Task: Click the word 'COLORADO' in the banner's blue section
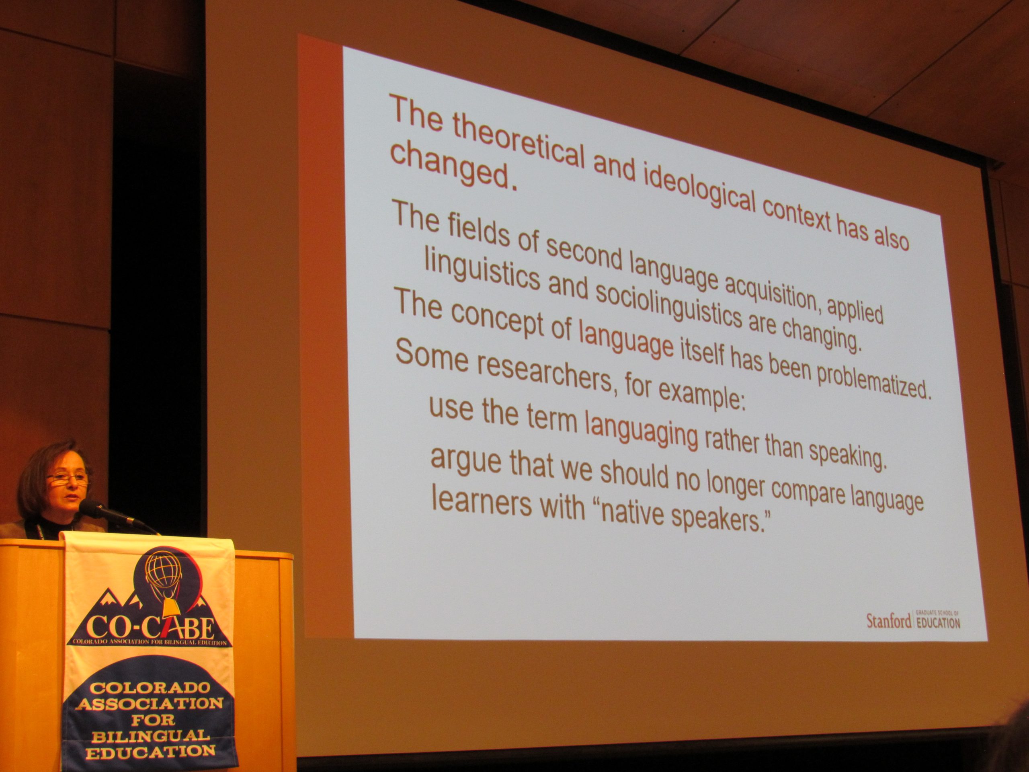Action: point(150,688)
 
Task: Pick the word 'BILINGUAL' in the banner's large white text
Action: point(150,736)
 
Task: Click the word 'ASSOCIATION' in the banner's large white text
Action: point(150,704)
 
